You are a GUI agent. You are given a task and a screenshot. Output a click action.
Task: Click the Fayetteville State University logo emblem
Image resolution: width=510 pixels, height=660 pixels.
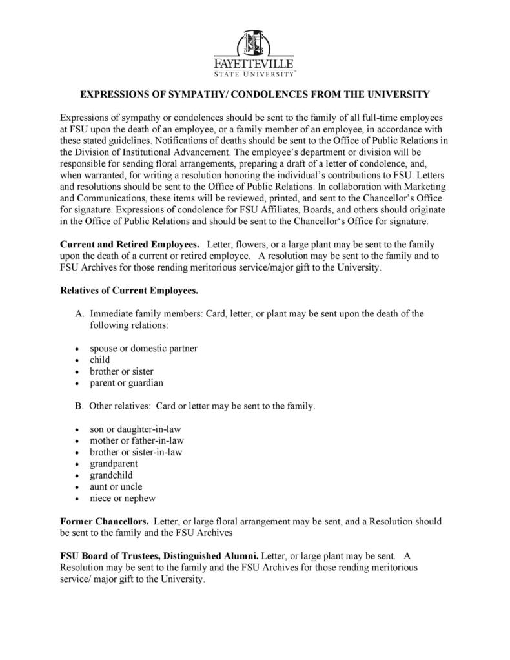[x=254, y=44]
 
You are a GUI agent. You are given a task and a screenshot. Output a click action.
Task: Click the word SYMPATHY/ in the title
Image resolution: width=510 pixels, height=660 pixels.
[x=198, y=94]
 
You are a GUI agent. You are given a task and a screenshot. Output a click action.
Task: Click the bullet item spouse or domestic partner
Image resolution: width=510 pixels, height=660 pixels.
[x=143, y=348]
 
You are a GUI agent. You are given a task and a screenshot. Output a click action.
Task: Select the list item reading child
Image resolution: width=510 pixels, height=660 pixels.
[x=100, y=360]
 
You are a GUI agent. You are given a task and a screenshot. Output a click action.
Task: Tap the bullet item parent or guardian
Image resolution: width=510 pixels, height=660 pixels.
[x=127, y=382]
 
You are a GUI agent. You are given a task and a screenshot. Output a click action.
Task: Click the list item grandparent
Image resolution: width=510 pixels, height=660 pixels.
[x=114, y=464]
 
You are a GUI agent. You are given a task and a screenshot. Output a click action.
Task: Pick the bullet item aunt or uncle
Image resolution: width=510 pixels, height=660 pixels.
[x=116, y=486]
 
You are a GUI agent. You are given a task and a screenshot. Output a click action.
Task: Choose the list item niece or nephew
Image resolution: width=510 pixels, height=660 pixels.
[x=123, y=498]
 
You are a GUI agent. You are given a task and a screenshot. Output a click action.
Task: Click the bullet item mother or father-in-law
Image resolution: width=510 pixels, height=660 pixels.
[x=137, y=440]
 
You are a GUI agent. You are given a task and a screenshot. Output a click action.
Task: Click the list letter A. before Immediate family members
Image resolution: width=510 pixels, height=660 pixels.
[x=79, y=314]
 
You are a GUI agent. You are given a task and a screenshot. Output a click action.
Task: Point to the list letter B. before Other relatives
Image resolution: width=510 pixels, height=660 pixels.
[x=79, y=406]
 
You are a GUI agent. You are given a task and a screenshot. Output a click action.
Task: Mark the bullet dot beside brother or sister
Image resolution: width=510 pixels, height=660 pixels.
[x=76, y=372]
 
